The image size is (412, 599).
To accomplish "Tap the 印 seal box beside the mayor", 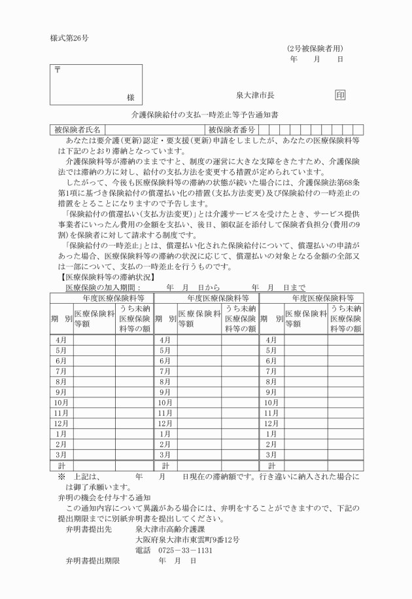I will tap(340, 95).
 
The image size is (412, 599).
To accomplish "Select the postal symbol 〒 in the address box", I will tap(57, 70).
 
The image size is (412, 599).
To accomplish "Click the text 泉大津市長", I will tap(255, 96).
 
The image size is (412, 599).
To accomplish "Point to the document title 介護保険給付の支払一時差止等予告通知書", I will tap(205, 115).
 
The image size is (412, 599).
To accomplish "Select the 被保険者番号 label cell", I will tap(232, 130).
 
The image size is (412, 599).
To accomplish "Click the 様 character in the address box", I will tap(131, 97).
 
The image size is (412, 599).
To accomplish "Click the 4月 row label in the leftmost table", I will tap(61, 340).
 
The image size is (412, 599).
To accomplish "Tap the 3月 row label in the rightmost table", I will tap(271, 454).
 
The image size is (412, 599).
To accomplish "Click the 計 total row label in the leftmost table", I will tap(61, 465).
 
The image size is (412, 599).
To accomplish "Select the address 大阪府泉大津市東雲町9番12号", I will tap(187, 539).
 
